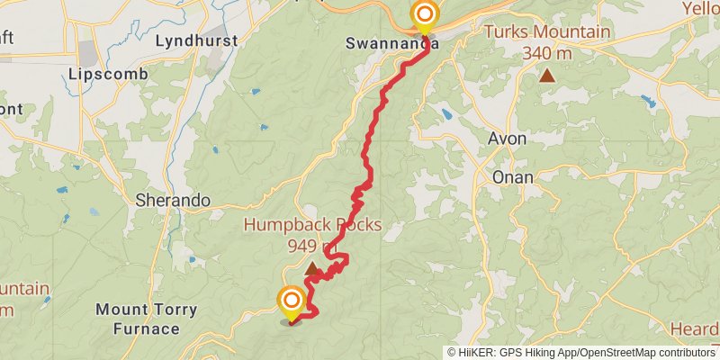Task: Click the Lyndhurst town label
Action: point(196,40)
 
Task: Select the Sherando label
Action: point(172,200)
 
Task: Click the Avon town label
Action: point(508,139)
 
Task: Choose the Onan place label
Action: point(512,177)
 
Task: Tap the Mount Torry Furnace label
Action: point(146,319)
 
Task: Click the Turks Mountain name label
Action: point(547,33)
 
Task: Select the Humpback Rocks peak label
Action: point(310,225)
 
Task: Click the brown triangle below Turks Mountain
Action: point(546,76)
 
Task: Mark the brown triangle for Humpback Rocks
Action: point(311,268)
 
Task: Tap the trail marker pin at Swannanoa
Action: point(424,15)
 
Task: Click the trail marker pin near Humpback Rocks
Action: point(292,301)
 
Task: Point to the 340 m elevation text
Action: point(546,52)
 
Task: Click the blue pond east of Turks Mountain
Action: point(646,102)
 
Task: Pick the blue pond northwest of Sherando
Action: point(61,191)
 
